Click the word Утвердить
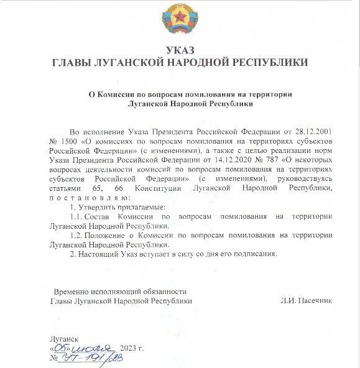[x=95, y=206]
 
